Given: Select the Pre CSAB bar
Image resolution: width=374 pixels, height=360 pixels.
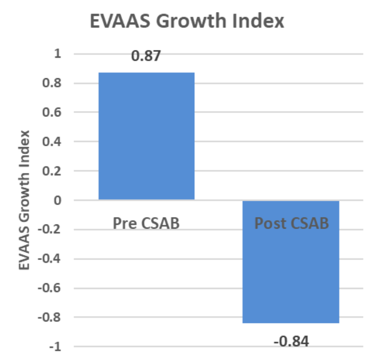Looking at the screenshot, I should [146, 136].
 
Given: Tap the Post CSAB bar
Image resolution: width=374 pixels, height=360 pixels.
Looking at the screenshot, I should [291, 262].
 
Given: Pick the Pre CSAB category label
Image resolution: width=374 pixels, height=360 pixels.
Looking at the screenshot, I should [146, 223].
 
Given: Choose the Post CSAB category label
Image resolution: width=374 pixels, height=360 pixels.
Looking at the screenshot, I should [292, 223].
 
